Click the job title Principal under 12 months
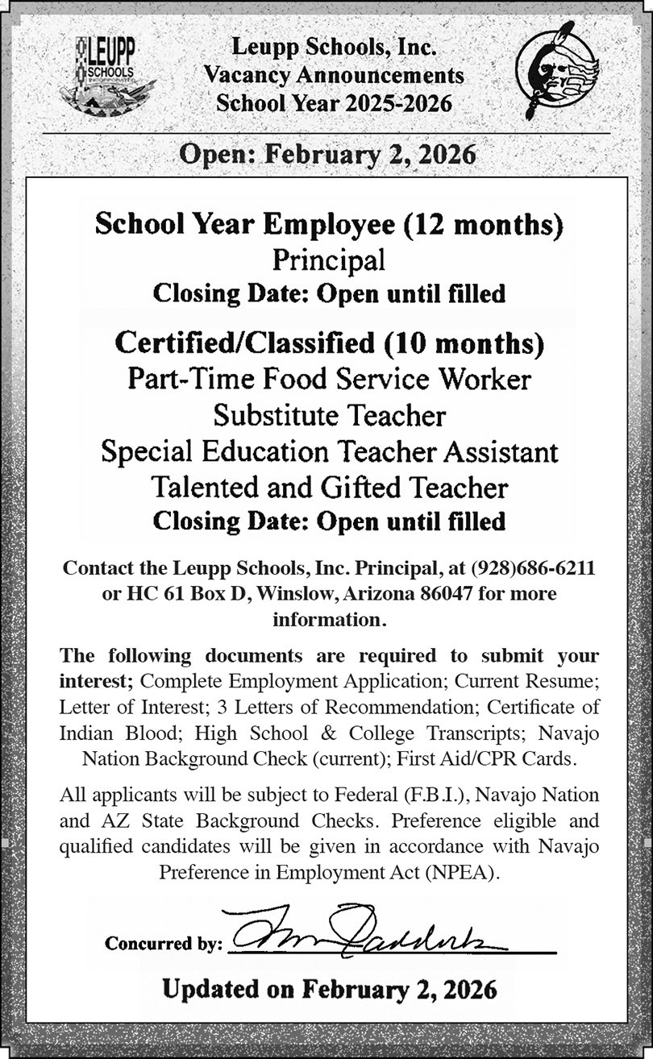coord(328,260)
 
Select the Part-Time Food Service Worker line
coord(330,379)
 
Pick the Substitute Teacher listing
coord(329,415)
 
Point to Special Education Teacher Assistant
coord(329,451)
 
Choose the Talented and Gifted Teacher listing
coord(330,487)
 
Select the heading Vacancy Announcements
coord(334,75)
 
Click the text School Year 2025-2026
coord(334,102)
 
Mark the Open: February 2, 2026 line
coord(327,153)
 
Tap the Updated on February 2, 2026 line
coord(329,988)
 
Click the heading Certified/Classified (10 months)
coord(329,343)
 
